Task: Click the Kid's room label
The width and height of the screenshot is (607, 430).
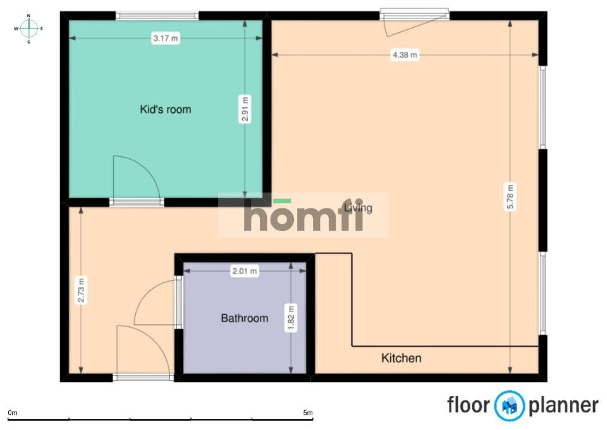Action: tap(165, 110)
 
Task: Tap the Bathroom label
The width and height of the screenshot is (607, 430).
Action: tap(244, 319)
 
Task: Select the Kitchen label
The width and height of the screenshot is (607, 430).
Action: tap(401, 358)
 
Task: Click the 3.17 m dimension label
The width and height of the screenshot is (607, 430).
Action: tap(166, 38)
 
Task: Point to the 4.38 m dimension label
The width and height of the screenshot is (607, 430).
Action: tap(405, 54)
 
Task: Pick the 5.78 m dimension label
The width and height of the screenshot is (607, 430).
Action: tap(510, 196)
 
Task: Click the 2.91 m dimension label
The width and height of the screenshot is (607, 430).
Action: tap(245, 109)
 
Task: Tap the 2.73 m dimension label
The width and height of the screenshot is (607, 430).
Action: tap(82, 290)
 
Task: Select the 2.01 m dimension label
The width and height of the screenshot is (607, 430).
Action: tap(244, 270)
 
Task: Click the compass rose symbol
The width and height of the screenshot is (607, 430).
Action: tap(28, 28)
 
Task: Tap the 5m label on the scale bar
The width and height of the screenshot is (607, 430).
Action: tap(308, 412)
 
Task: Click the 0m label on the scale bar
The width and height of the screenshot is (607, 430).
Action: tap(13, 412)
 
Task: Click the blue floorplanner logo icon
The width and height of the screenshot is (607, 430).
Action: tap(510, 405)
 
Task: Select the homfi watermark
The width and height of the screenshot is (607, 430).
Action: tap(303, 215)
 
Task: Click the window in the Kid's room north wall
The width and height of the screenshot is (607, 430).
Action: tap(157, 16)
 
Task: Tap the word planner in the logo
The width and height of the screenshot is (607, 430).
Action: tap(563, 406)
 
